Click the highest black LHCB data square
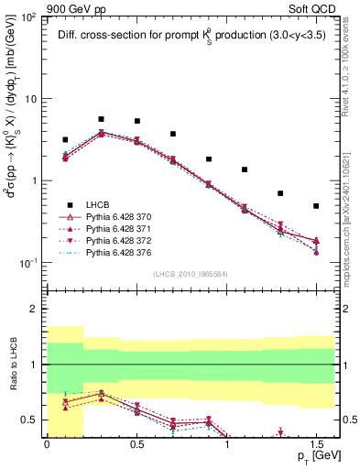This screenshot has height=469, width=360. pos(101,119)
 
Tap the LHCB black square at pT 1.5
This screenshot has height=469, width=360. pos(316,206)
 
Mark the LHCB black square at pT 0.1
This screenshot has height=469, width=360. pos(65,140)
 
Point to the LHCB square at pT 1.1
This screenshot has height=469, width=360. pos(245,169)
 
